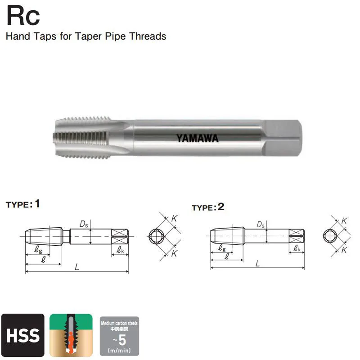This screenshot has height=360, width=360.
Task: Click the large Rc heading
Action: (x=23, y=16)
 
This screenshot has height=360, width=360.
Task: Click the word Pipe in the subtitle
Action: (x=115, y=36)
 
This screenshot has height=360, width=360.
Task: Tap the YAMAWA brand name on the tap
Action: (x=197, y=138)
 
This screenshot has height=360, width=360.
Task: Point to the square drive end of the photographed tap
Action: (x=282, y=138)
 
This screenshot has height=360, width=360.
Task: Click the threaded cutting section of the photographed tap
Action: (x=82, y=138)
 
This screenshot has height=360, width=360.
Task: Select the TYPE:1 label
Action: (x=23, y=204)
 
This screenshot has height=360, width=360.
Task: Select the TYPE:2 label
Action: (x=208, y=207)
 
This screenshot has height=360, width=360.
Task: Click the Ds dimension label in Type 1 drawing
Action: (x=84, y=224)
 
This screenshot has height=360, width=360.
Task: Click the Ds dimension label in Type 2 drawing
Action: (x=261, y=225)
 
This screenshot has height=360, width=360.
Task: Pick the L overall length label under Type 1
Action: (x=77, y=267)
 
